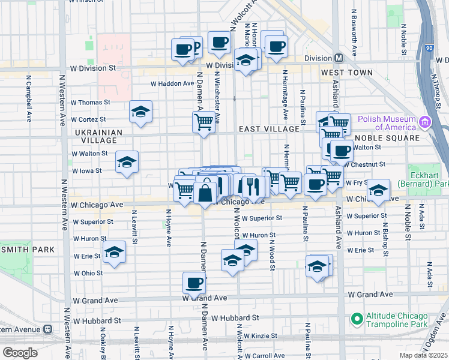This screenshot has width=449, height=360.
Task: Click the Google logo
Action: point(20,353)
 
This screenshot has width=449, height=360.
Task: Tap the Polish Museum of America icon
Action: point(426,122)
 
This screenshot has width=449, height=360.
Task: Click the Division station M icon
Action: point(339,58)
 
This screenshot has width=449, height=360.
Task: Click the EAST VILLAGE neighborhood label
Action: point(269,129)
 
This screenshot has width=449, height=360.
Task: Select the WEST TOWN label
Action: point(347,73)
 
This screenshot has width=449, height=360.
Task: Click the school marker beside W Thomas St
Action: point(140,112)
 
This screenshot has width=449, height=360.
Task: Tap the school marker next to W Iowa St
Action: point(127,162)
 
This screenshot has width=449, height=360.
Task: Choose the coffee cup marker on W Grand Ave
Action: point(194,283)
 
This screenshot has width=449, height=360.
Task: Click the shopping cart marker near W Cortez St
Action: point(203,122)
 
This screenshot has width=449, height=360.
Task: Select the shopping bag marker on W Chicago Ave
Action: point(205,192)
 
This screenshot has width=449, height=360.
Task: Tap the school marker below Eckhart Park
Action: point(378,190)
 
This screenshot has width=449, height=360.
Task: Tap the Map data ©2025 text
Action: point(423,355)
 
